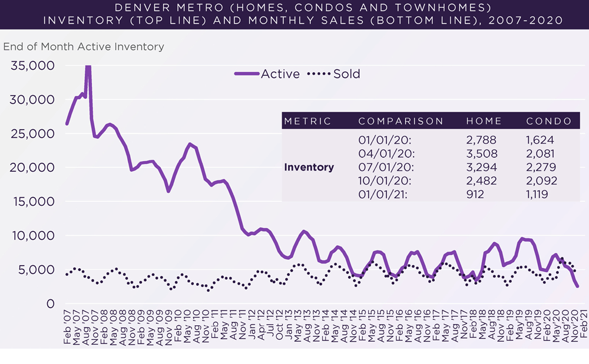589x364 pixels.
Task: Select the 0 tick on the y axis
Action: tap(49, 304)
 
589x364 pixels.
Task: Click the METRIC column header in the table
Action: tap(307, 121)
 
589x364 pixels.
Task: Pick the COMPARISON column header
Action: tap(401, 121)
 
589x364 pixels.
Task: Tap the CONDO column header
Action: tap(549, 121)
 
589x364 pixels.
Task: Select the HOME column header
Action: tap(484, 121)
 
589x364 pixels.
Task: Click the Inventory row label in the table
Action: tap(309, 167)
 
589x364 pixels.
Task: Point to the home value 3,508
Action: tap(481, 153)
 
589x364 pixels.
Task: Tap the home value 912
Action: tap(475, 194)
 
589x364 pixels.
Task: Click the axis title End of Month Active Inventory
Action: tap(84, 46)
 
